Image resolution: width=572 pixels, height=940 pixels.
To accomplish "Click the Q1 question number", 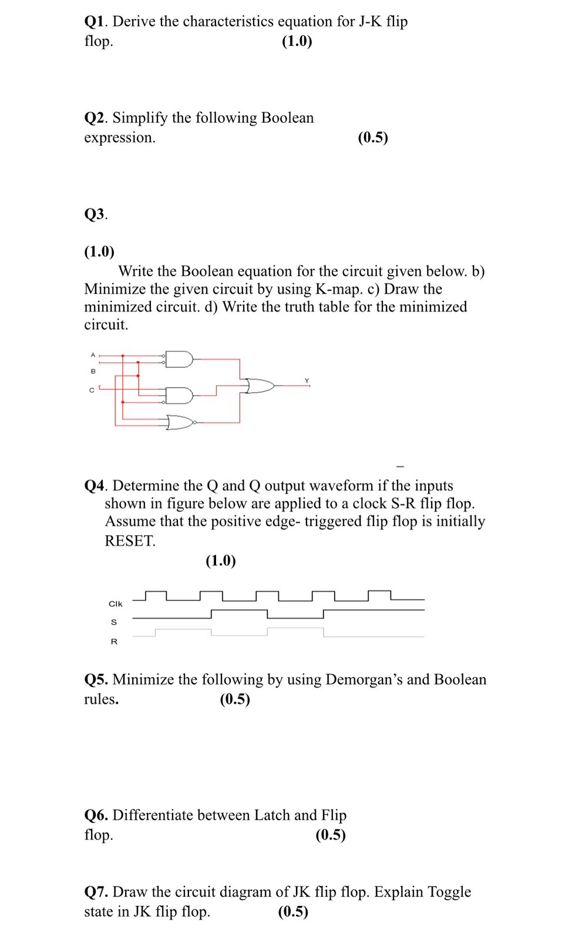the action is coord(94,22).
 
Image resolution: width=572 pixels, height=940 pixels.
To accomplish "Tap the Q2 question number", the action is coord(94,118).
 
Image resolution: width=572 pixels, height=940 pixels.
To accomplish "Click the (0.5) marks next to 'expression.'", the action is coord(373,137).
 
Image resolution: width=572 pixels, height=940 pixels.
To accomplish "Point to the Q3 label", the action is coord(95,214).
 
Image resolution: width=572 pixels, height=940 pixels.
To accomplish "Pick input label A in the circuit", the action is coord(93,355).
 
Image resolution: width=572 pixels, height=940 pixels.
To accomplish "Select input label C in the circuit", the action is coord(92,390).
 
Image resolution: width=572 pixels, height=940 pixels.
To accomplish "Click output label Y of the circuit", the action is coord(307,381).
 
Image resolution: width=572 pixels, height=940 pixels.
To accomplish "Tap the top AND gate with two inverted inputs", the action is coord(179,359).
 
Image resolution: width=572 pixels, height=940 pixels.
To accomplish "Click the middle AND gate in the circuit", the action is coord(179,395).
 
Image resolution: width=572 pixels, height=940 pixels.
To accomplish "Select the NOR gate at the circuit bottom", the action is coord(180,422).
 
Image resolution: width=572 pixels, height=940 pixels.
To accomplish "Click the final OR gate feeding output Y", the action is coord(260,386).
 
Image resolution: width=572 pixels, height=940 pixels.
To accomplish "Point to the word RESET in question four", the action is coord(130,541).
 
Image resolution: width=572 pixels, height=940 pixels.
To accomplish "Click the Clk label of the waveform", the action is coord(116,604).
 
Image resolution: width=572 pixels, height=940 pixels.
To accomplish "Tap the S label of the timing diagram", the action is coord(114,622).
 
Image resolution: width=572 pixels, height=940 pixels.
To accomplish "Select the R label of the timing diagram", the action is coord(114,642).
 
